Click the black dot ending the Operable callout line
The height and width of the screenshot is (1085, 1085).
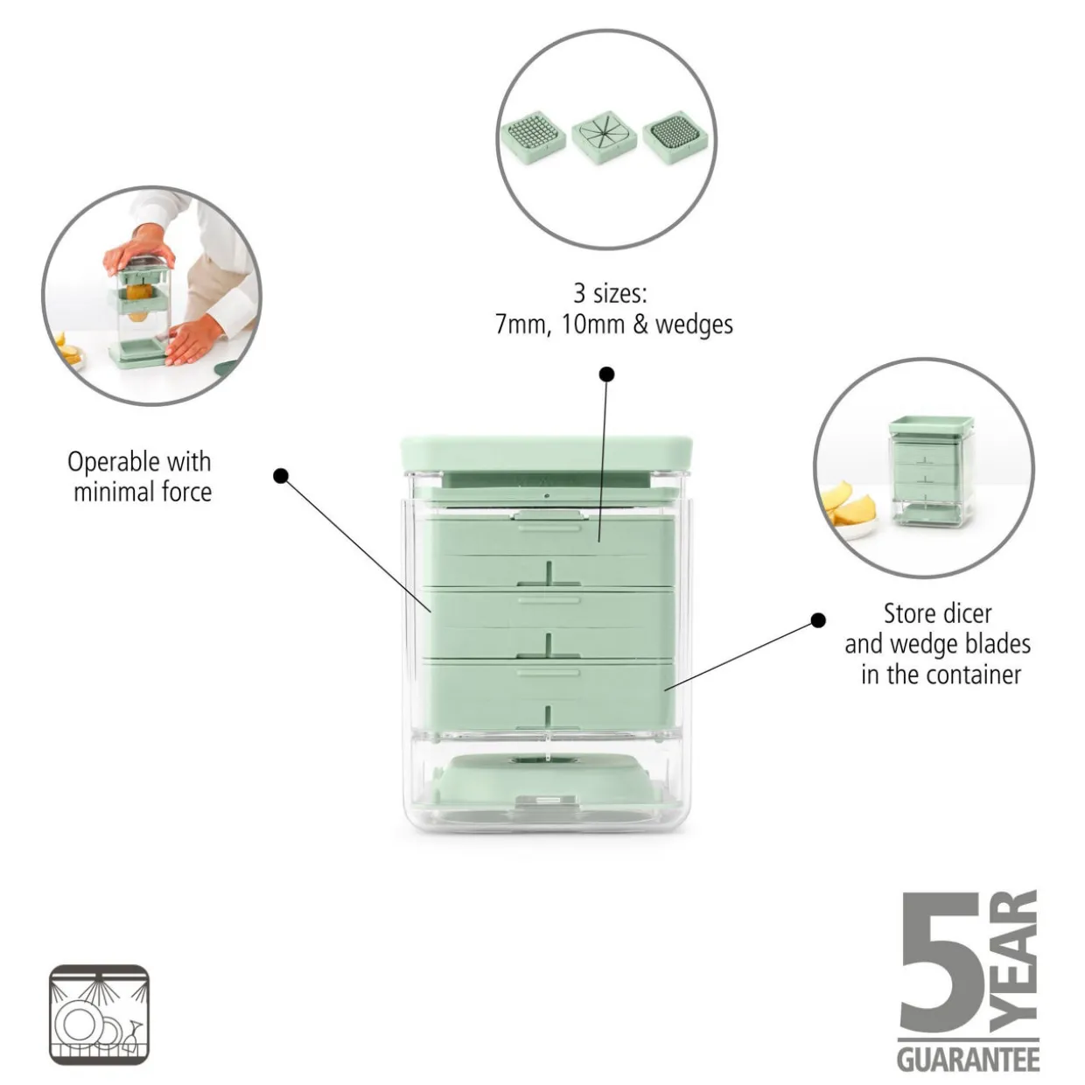(x=280, y=476)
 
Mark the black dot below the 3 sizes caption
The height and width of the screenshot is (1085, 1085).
(x=606, y=374)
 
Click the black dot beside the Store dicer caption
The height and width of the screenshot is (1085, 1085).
(x=818, y=620)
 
